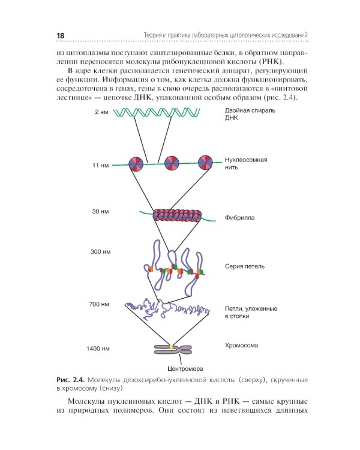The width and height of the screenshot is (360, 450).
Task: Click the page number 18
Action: click(x=60, y=35)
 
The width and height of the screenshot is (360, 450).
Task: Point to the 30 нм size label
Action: click(x=100, y=212)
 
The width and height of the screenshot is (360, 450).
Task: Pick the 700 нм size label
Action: click(x=99, y=304)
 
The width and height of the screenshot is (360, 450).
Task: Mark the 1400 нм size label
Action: click(x=98, y=349)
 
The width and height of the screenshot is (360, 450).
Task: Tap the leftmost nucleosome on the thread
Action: click(x=136, y=163)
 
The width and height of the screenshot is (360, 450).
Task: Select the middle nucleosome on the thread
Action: click(x=172, y=162)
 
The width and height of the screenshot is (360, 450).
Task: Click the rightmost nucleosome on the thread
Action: click(x=205, y=161)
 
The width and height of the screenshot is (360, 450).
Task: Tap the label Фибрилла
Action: click(x=239, y=218)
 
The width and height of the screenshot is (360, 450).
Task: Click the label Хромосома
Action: click(x=242, y=346)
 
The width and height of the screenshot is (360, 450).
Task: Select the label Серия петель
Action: click(x=245, y=266)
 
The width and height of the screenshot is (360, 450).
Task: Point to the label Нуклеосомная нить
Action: click(x=245, y=164)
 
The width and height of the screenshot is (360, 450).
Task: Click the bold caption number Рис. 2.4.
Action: click(x=70, y=380)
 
